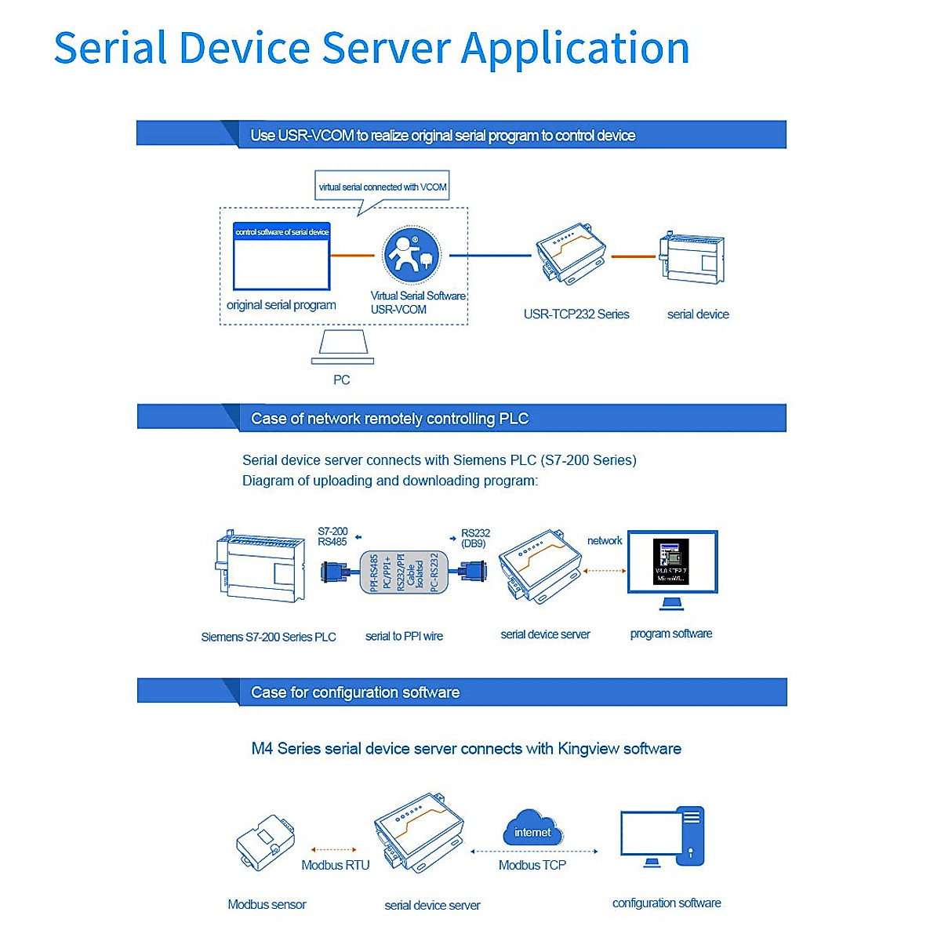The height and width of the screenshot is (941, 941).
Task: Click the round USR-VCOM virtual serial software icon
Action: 412,255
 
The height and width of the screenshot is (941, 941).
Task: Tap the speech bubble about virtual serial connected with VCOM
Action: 382,187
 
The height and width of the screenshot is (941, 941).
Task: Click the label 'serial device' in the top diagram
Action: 698,314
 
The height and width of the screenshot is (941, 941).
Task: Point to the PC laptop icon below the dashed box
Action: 343,347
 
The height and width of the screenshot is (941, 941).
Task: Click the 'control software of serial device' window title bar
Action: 282,232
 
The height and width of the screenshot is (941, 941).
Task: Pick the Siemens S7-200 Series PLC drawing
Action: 260,566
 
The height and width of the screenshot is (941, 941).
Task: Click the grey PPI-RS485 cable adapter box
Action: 404,571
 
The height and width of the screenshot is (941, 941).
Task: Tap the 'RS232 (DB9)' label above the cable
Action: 474,538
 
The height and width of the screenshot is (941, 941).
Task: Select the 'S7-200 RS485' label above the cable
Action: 332,536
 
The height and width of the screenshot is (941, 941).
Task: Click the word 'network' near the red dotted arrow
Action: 605,541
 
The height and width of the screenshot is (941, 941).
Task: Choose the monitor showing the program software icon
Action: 672,563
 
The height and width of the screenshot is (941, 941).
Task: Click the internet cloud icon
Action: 532,829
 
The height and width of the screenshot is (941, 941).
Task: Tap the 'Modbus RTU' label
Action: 335,866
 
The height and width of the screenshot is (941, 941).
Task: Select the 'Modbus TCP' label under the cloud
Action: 532,866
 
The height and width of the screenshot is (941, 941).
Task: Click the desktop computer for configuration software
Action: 663,837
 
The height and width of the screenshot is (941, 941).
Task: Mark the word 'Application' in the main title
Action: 575,49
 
